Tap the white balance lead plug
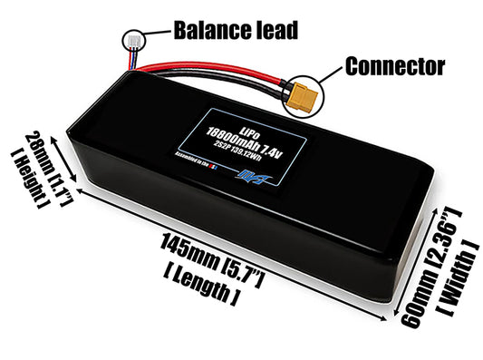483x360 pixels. (130, 41)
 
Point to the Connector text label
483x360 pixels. (395, 65)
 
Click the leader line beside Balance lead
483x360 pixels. (154, 33)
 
